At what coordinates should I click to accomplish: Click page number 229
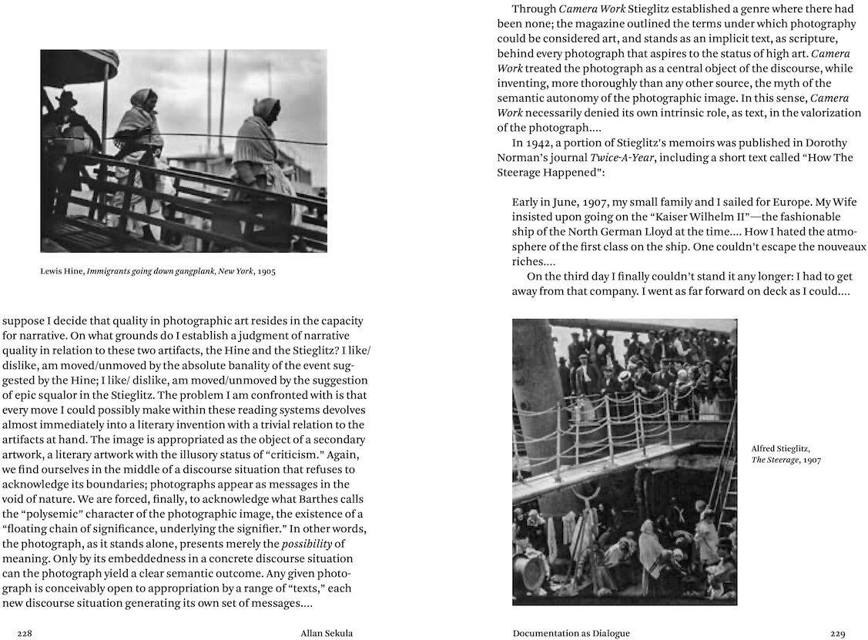[838, 633]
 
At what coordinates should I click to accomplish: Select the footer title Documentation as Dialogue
[571, 633]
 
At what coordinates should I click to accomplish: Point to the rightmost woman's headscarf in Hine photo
[266, 107]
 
